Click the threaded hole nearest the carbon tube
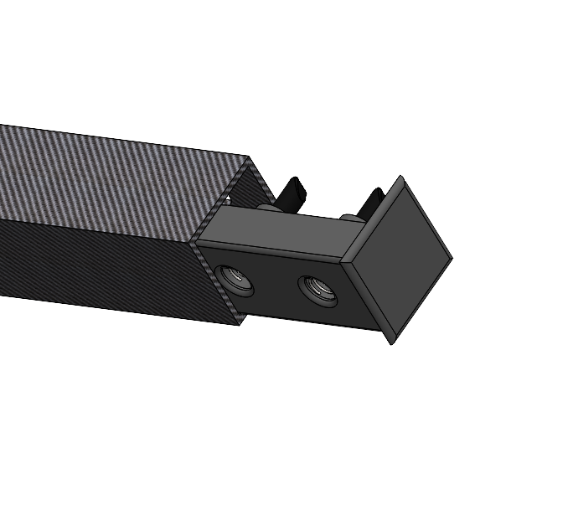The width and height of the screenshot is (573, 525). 235,278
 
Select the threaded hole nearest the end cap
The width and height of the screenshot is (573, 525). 317,290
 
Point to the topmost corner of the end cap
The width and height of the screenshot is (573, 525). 401,178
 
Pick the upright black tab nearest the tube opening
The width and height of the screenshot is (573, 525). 292,193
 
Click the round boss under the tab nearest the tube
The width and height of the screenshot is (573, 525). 267,208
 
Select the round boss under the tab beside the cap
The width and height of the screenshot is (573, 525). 351,219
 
